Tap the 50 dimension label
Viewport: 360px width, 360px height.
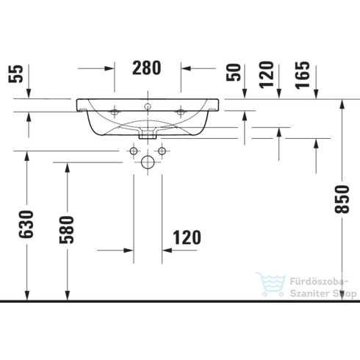[234, 72]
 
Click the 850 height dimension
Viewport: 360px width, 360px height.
[340, 199]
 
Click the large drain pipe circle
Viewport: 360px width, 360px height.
[148, 162]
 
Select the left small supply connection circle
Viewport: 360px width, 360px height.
[134, 151]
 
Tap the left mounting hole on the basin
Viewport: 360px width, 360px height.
[115, 112]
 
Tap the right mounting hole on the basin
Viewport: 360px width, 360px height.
[181, 112]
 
